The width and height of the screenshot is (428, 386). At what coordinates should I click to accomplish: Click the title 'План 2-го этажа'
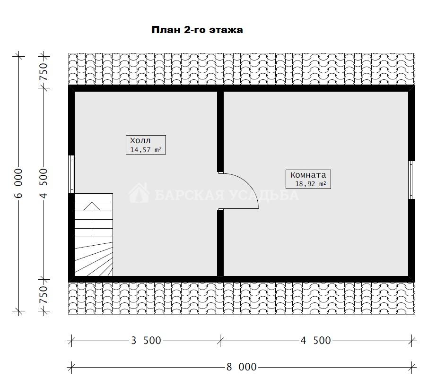click(197, 30)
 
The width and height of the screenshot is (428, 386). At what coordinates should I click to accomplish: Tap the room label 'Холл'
click(140, 141)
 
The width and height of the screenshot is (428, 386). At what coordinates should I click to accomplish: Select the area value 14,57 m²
click(146, 150)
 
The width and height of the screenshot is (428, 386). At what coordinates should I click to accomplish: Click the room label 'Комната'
click(308, 175)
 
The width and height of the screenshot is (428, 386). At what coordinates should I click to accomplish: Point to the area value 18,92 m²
click(311, 184)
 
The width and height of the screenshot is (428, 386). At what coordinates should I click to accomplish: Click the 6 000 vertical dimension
click(18, 183)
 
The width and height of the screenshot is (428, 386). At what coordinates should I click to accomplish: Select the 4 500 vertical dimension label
click(44, 183)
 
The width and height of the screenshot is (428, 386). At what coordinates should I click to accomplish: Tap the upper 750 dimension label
click(44, 72)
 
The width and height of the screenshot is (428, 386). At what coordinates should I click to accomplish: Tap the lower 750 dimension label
click(44, 295)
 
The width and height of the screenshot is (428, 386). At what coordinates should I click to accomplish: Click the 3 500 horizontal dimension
click(146, 341)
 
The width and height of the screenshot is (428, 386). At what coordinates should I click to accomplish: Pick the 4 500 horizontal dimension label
click(315, 341)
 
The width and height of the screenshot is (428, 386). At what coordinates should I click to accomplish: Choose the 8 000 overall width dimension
click(241, 367)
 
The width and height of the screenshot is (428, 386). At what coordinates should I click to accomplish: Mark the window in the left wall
click(71, 174)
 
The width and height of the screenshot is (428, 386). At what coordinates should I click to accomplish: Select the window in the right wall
click(411, 180)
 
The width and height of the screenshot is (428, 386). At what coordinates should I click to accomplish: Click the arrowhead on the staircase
click(92, 206)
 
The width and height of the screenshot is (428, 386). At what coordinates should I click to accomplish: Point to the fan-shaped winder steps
click(94, 259)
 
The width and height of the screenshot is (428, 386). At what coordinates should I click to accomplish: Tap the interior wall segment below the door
click(220, 243)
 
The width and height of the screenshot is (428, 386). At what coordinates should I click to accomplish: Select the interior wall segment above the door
click(220, 131)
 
